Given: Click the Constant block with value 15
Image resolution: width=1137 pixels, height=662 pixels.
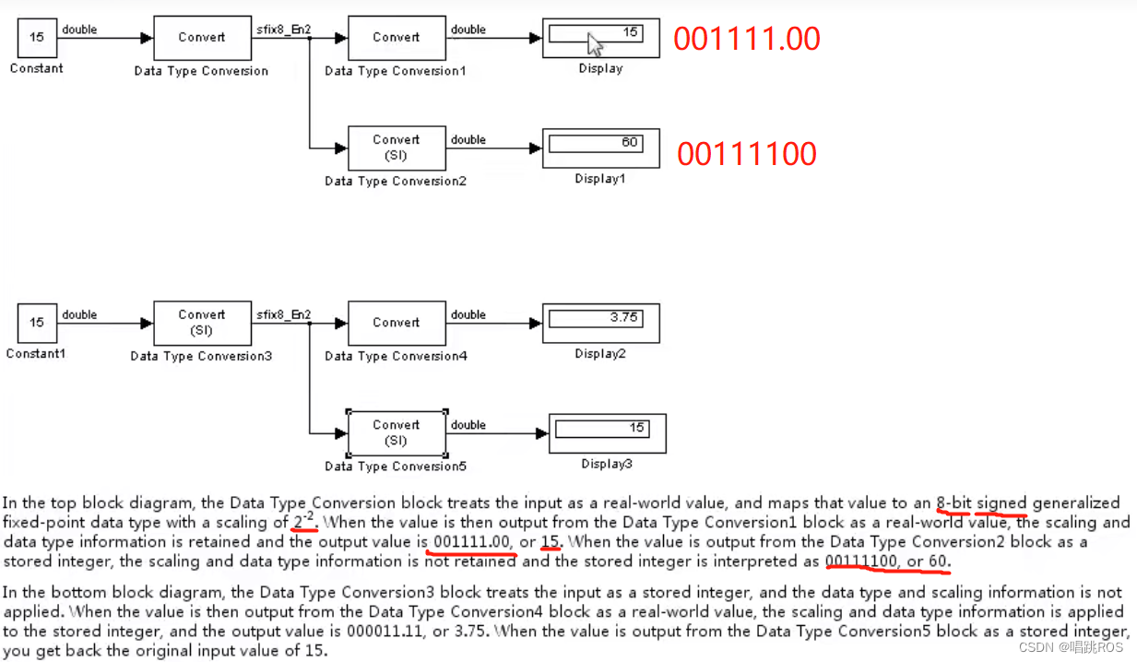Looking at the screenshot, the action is (x=36, y=38).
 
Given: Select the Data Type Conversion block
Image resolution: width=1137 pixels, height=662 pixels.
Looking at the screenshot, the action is (x=201, y=38).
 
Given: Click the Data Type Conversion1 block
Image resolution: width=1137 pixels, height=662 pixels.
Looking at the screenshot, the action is (x=397, y=38).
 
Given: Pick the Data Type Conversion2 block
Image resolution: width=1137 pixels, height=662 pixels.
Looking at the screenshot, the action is (x=397, y=148).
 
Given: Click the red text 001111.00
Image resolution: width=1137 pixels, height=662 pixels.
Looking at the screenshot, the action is (x=746, y=39).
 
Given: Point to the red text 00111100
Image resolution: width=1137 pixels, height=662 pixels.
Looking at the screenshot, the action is (x=746, y=153).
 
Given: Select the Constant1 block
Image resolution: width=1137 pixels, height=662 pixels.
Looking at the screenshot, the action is (x=36, y=323).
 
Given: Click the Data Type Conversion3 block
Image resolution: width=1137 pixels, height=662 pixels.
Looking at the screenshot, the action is (x=201, y=323).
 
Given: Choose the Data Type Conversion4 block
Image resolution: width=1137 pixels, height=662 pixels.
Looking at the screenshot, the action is (x=397, y=323).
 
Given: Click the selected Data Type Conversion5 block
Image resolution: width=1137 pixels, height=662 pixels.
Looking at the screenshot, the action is (x=397, y=432).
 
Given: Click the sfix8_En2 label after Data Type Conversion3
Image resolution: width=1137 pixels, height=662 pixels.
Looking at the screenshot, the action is (x=283, y=314).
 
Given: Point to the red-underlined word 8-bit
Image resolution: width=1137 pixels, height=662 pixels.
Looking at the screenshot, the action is (x=953, y=503).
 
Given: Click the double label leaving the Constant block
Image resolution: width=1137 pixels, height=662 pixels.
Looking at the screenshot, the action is (x=79, y=30).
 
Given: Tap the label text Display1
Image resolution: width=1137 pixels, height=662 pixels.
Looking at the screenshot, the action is (x=600, y=179).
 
